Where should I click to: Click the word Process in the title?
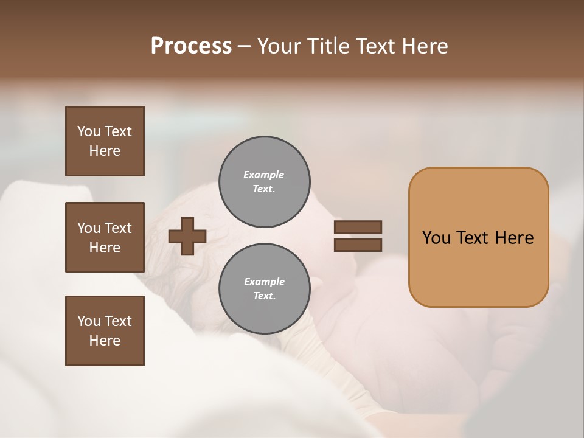click(191, 46)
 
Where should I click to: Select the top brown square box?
click(105, 141)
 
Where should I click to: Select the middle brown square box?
click(105, 237)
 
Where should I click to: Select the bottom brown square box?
click(105, 331)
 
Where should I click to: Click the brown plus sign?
click(187, 236)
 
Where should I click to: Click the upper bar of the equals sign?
click(358, 227)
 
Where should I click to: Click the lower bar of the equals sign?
click(358, 245)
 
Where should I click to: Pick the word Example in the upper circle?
click(263, 175)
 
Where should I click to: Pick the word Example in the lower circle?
click(264, 282)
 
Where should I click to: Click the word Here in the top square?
click(105, 151)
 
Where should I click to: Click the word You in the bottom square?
click(89, 321)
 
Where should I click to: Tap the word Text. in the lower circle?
click(264, 296)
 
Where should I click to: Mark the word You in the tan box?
click(436, 238)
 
